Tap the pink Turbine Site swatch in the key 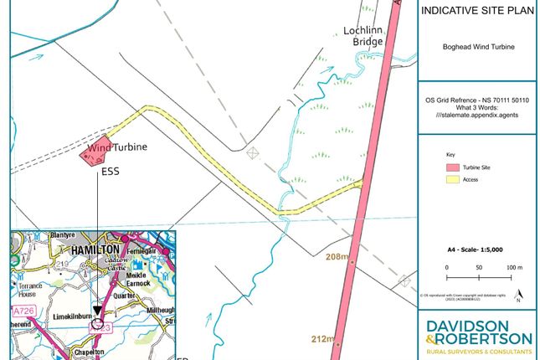(x=451, y=167)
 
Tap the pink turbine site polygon (x=95, y=149)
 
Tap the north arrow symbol (x=519, y=295)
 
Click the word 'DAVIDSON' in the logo (x=479, y=326)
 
